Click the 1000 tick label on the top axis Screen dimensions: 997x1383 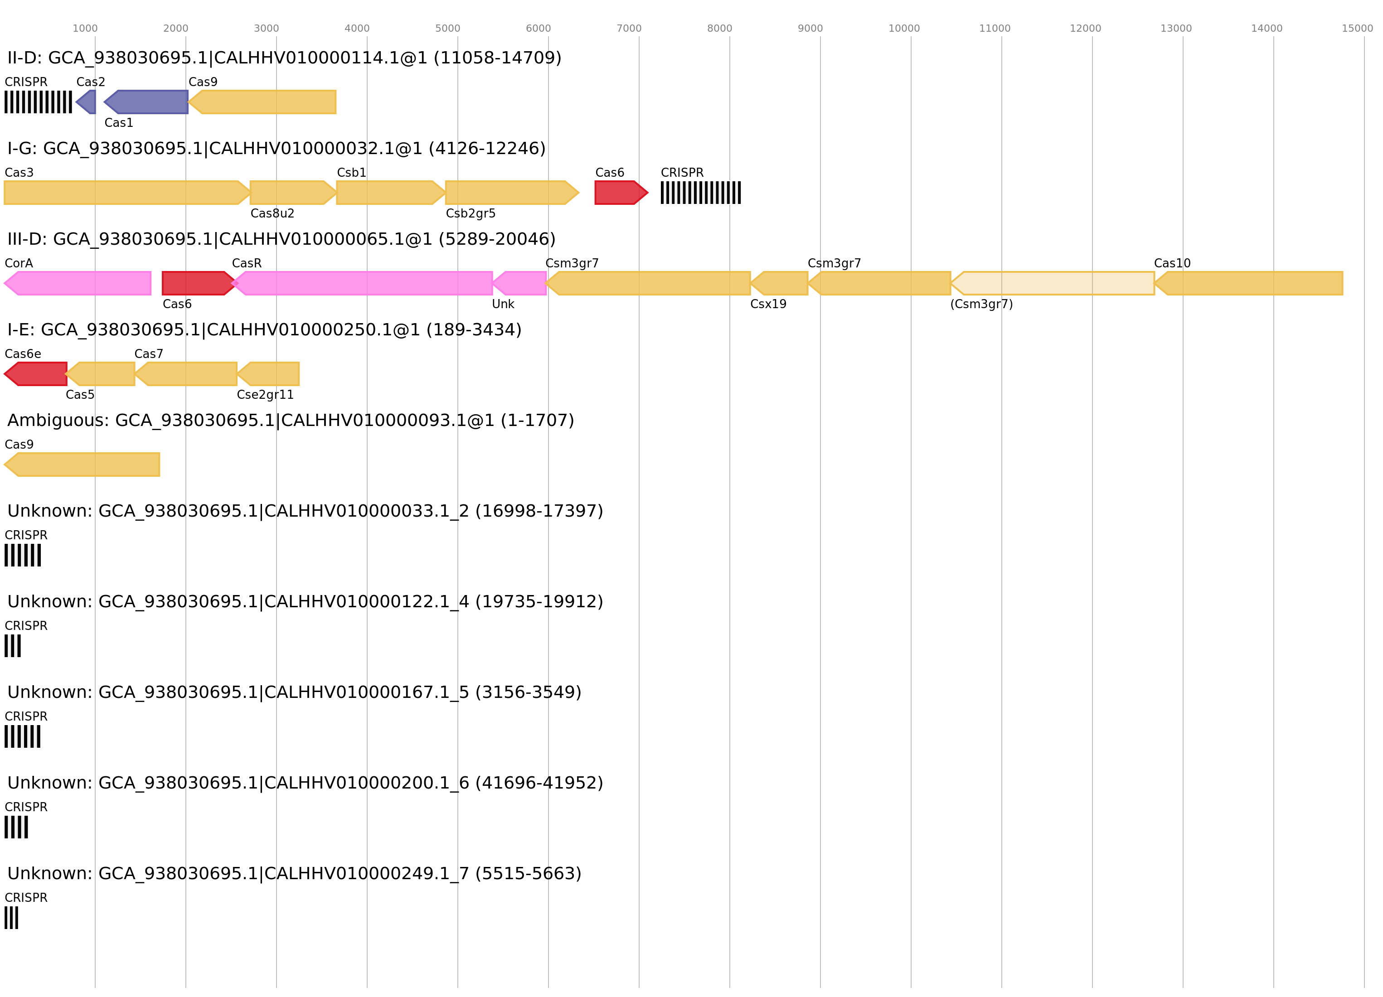point(85,29)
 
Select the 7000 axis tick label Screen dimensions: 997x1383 point(629,29)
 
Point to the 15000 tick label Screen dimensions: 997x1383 point(1357,29)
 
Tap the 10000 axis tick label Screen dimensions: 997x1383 point(904,29)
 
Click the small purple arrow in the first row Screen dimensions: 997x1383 point(87,102)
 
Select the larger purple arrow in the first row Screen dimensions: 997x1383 point(146,102)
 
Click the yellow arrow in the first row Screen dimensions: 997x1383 point(263,102)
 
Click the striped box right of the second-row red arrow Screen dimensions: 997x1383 point(701,193)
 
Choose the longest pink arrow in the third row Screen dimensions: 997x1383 point(363,284)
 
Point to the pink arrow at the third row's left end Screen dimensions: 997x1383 point(78,284)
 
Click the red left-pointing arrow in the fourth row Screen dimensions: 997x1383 point(37,374)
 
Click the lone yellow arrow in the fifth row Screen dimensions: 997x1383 point(82,465)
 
